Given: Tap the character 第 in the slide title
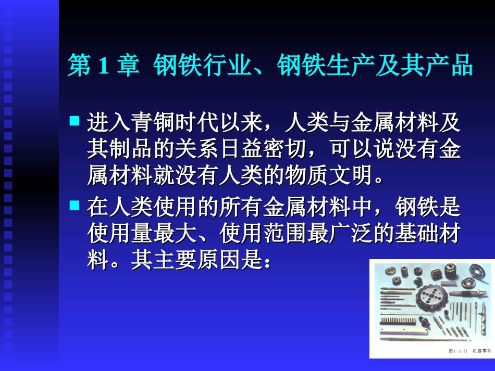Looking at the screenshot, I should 79,67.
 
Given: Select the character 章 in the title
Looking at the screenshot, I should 128,67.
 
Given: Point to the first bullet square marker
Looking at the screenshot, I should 75,121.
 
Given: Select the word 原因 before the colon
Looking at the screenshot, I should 219,260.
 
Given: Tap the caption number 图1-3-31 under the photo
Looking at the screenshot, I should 457,352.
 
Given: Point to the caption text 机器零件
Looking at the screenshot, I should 481,352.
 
